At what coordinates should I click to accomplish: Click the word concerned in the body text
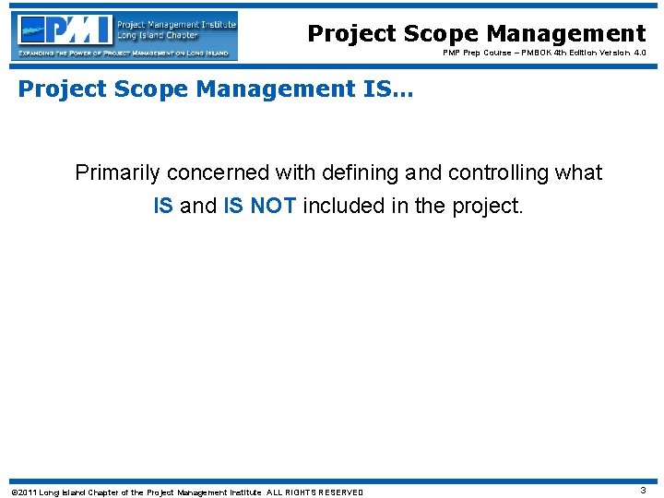click(208, 172)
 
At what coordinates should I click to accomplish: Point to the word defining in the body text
click(360, 172)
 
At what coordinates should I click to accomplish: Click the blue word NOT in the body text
click(273, 206)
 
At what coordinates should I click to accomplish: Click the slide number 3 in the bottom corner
click(643, 491)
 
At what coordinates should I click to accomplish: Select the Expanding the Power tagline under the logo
click(125, 53)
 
